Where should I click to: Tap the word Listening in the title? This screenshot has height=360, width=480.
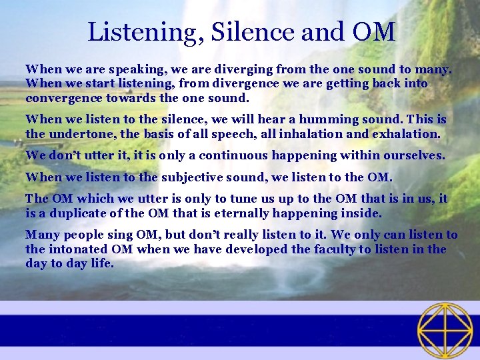pos(143,31)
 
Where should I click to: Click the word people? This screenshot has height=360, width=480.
pos(85,235)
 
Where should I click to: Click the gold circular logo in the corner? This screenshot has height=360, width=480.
pos(445,331)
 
